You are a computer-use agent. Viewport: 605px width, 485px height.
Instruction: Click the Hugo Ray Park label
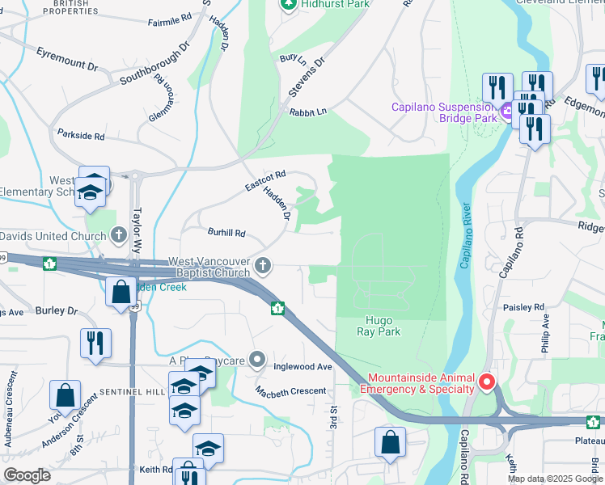(379, 326)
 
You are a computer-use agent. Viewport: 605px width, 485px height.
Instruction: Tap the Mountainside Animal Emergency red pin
(486, 381)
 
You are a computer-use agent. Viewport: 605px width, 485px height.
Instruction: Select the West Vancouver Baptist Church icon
(263, 265)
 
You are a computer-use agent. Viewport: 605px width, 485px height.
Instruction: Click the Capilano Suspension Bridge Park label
(443, 112)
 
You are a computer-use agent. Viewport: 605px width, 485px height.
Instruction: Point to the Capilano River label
(465, 235)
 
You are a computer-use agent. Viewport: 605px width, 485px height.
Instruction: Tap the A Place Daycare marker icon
(257, 359)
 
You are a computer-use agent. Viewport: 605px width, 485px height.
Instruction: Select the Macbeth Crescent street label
(290, 391)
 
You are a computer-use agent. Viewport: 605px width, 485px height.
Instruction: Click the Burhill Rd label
(226, 234)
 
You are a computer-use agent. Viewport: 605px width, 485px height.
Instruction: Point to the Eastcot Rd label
(266, 181)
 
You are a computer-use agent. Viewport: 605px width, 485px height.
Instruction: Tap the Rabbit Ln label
(308, 112)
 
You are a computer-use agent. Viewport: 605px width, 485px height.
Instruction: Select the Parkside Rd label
(80, 136)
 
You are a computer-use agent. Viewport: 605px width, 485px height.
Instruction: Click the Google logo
(27, 475)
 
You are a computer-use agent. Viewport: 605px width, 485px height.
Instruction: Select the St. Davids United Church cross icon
(119, 236)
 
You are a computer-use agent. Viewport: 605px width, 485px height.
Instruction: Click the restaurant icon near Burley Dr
(95, 343)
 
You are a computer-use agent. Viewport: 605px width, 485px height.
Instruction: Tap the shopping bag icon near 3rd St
(390, 443)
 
